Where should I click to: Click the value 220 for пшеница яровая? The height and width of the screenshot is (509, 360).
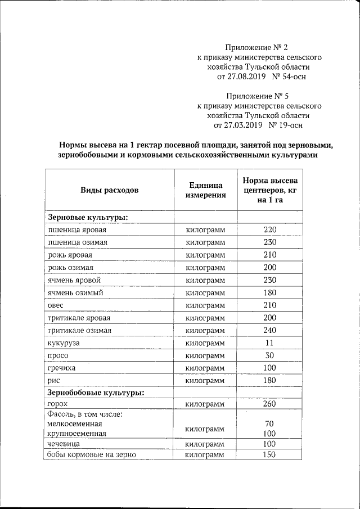[x=271, y=230]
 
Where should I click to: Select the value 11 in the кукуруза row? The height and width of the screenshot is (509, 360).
[x=271, y=343]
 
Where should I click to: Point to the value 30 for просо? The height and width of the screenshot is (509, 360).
[x=271, y=355]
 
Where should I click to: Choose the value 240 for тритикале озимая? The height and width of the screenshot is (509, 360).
[x=271, y=330]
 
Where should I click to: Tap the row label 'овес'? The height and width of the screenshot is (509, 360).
[x=56, y=305]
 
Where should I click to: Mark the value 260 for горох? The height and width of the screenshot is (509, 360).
[x=271, y=404]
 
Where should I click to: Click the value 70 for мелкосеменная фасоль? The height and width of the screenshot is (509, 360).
[x=271, y=424]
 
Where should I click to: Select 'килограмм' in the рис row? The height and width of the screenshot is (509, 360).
[x=205, y=380]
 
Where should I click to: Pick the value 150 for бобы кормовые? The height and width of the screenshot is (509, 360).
[x=271, y=454]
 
